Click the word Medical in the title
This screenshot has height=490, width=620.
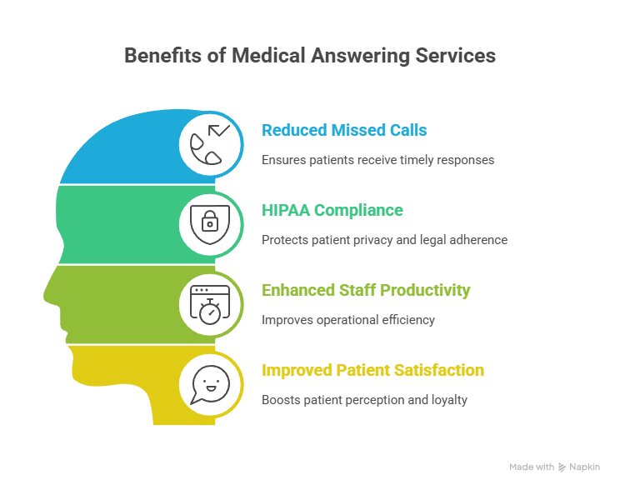coord(268,55)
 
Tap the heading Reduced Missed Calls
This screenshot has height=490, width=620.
coord(344,130)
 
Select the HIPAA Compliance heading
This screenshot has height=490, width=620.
coord(332,210)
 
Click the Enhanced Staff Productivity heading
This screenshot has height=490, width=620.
coord(366,290)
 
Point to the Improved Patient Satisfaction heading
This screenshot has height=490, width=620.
coord(372,370)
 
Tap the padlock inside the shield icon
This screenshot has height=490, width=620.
coord(210,221)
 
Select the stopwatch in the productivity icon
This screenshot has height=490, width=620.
coord(210,312)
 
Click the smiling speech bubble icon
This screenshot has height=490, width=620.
coord(210,384)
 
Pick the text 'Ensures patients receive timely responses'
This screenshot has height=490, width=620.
coord(378,160)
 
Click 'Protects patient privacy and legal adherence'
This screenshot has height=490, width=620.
coord(384,240)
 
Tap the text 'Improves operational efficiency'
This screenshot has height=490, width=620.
coord(348,320)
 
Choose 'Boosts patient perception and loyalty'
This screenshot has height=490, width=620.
coord(364,400)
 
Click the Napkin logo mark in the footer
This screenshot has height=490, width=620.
coord(562,467)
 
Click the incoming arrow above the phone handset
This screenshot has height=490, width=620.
coord(218,130)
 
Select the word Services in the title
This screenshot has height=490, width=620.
coord(456,55)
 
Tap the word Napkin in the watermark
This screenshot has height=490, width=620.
coord(584,467)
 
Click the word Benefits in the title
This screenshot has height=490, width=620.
coord(163,55)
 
